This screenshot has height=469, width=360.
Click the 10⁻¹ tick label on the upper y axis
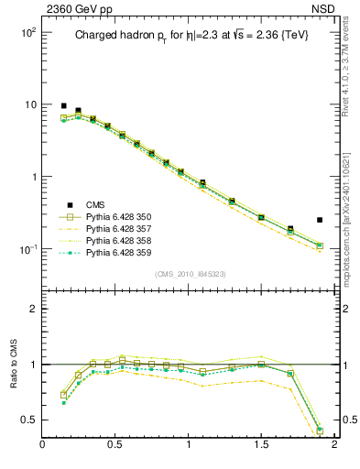pos(25,249)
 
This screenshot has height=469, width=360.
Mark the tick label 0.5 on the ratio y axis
pos(29,420)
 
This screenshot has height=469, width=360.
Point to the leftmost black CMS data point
pos(63,105)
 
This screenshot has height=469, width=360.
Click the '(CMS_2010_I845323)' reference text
pos(188,274)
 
